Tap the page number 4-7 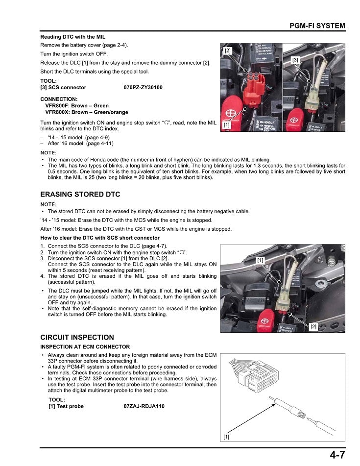click(x=337, y=455)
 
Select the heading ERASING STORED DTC click(x=80, y=195)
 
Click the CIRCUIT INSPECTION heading click(x=77, y=338)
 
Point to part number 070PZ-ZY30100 click(x=144, y=88)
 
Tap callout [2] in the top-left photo click(x=228, y=50)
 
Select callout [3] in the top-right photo click(x=295, y=60)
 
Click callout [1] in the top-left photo click(x=227, y=125)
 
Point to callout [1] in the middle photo click(x=261, y=261)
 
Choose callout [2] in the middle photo click(x=313, y=326)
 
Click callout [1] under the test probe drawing click(x=226, y=437)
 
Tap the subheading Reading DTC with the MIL click(x=72, y=37)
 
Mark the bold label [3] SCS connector click(x=63, y=88)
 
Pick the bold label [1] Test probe click(x=66, y=406)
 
